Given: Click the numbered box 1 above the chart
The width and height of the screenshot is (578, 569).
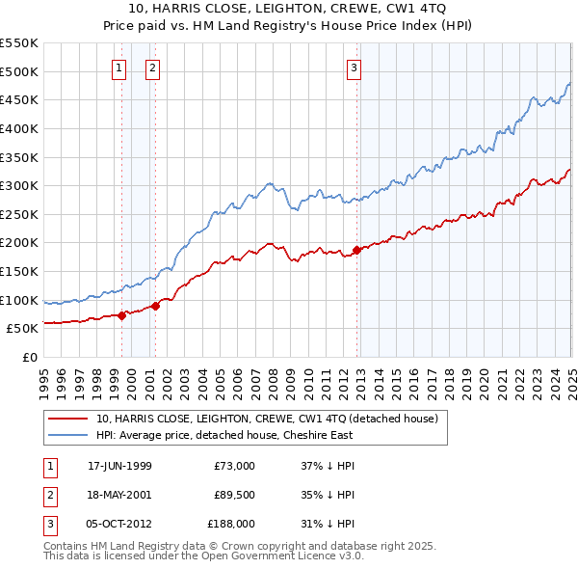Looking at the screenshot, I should pos(118,68).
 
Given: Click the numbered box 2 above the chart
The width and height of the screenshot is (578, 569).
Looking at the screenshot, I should pos(152,68).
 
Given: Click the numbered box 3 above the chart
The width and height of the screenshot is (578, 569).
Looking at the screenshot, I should pos(354,68).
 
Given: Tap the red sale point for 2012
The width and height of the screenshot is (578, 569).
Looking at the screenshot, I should pos(356,250).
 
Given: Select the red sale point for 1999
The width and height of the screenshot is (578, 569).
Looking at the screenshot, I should pos(121,315).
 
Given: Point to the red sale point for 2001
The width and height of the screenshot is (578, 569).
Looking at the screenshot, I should pos(155,306).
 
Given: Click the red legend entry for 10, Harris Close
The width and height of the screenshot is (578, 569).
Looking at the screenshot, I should pos(267,419).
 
